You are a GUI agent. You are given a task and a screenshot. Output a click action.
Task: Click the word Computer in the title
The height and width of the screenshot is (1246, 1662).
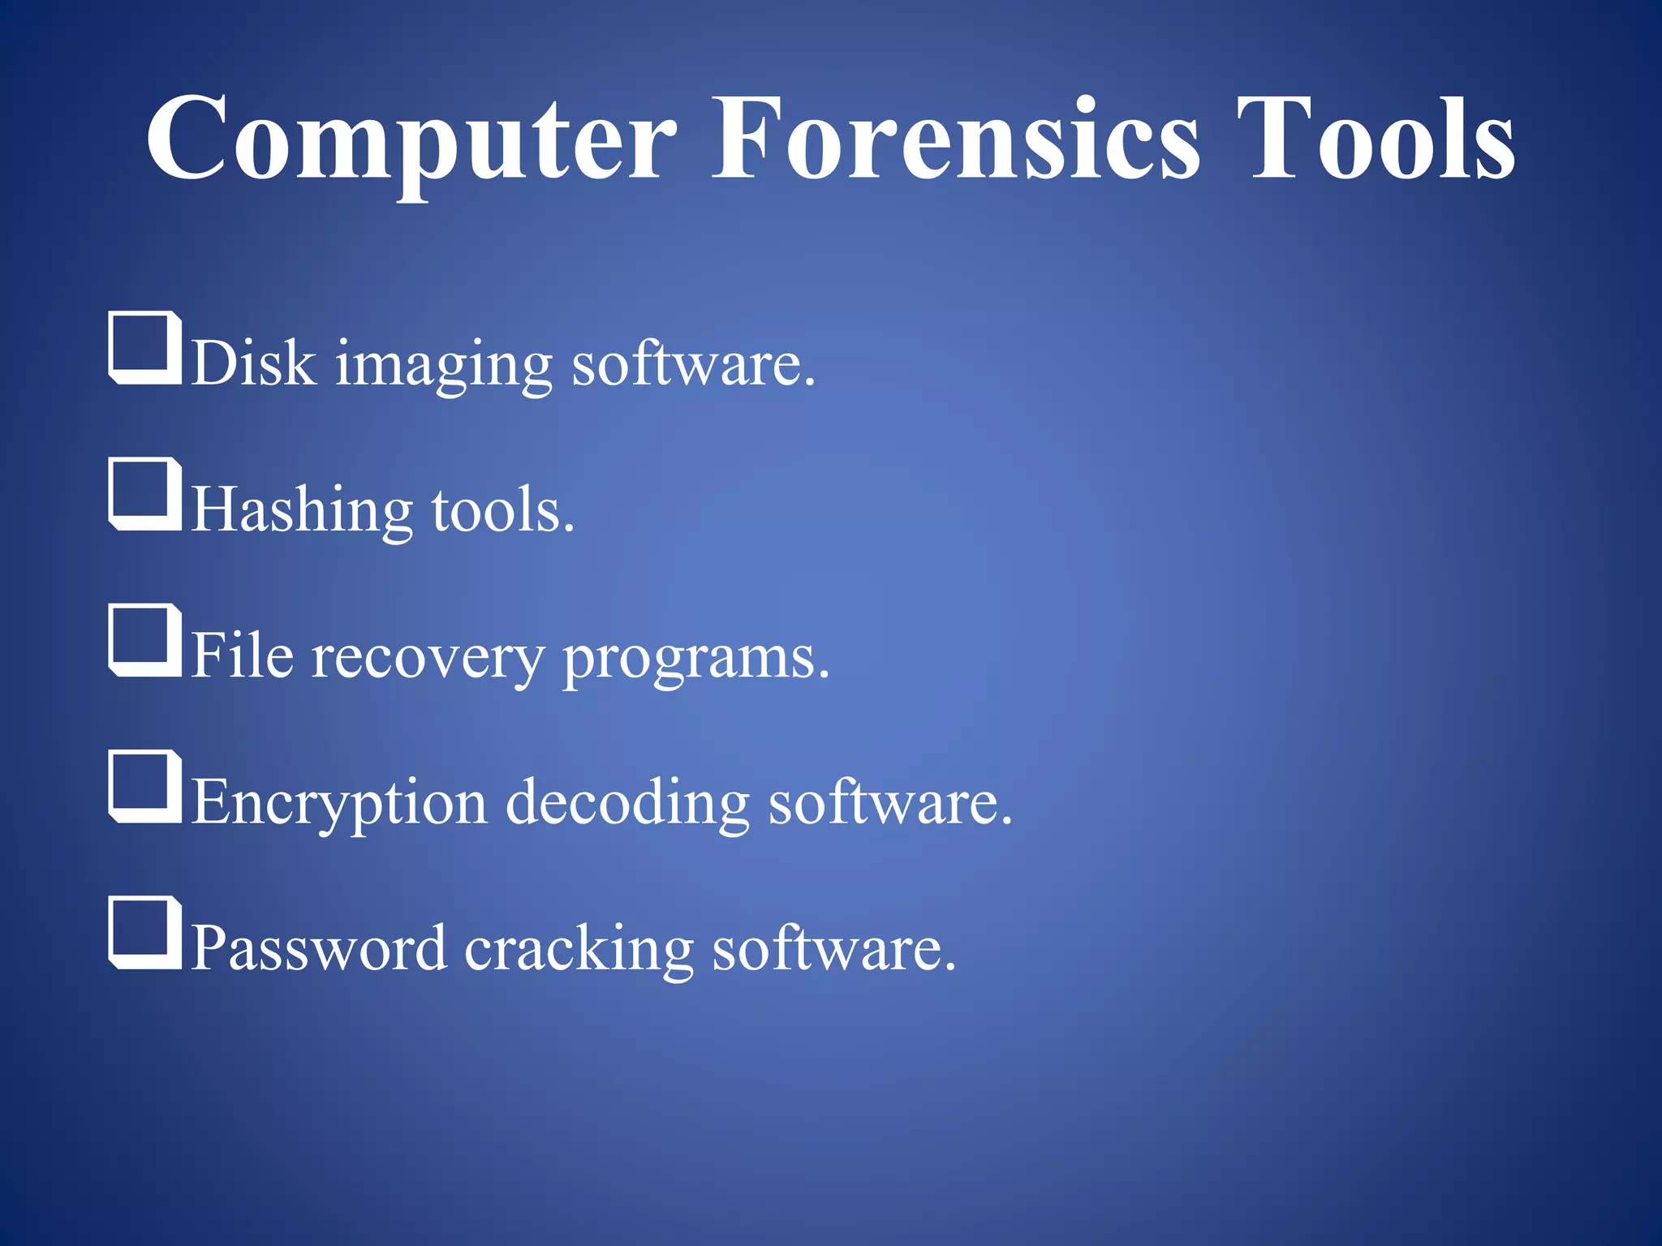(411, 140)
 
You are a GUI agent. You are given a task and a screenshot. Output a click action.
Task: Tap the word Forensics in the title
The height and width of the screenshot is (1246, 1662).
(955, 140)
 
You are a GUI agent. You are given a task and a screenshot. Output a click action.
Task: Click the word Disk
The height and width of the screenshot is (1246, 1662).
(254, 362)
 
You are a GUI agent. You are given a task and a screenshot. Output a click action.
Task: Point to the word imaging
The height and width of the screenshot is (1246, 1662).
(444, 365)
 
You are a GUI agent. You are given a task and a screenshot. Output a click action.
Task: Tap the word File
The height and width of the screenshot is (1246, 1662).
(243, 655)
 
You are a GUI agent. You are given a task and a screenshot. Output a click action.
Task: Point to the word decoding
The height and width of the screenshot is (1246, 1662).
(627, 803)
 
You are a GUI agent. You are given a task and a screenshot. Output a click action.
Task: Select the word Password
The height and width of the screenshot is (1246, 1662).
(319, 947)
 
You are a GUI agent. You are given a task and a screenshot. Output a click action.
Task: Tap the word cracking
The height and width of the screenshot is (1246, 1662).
(579, 949)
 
